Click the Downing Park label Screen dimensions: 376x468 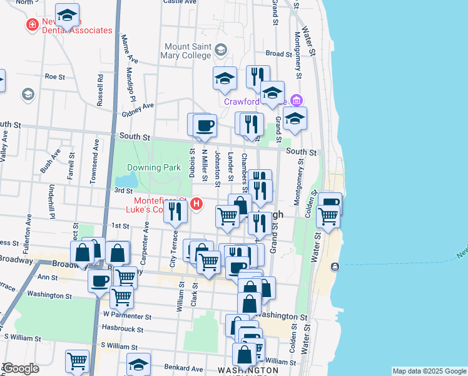154,167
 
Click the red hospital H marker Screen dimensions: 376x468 197,204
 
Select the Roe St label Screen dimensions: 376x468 55,77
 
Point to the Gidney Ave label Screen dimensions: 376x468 138,107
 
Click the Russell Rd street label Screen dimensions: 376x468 100,91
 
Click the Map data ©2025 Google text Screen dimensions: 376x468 429,372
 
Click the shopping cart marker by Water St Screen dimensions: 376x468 328,217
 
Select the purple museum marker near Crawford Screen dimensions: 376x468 297,100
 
